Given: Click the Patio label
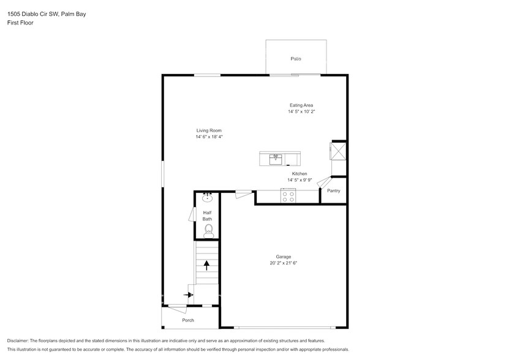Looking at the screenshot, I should (x=296, y=59).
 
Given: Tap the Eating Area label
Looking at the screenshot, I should (x=301, y=105).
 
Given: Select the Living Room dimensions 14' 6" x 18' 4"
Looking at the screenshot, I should (x=209, y=137).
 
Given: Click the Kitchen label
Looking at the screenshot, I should (x=299, y=174).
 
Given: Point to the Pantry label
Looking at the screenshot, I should (x=333, y=190).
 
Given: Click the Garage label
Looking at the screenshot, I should (x=283, y=257).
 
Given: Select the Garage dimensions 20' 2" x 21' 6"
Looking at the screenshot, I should (x=283, y=263).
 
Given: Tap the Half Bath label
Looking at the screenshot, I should (x=208, y=216).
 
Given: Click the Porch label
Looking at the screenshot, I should (x=188, y=320).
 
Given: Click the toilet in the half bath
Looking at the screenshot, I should (x=208, y=230).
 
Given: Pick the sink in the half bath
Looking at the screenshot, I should (x=208, y=197).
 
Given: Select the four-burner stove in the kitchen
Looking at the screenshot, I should (x=288, y=197).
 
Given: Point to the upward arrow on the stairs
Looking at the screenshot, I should (x=206, y=265).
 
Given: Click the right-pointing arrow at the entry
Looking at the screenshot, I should (x=188, y=294).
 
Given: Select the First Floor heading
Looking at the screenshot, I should (x=20, y=23).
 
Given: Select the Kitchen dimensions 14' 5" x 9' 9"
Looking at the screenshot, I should (x=299, y=180).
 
